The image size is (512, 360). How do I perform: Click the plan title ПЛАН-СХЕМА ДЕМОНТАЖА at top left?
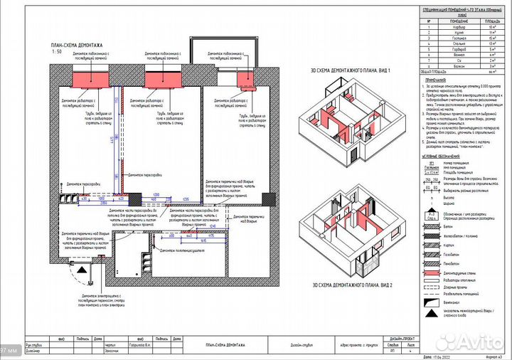click(65, 45)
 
